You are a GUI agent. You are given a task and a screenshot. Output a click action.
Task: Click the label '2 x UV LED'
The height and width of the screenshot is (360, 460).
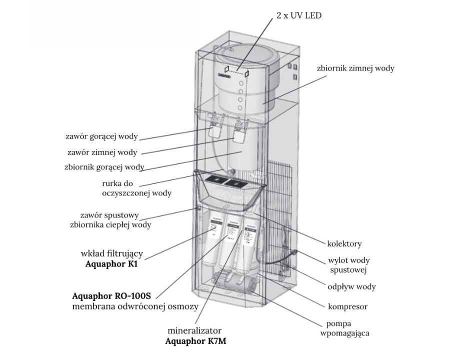coord(298,15)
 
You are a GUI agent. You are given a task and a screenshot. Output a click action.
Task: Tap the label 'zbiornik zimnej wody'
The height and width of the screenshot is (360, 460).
coord(355,68)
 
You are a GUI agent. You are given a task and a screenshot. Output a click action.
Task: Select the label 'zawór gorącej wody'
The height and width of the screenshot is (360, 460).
coord(101,136)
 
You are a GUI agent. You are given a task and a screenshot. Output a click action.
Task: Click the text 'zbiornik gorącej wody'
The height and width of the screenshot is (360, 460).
coord(104,167)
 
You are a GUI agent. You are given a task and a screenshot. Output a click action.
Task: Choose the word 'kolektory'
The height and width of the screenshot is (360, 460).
coord(344,244)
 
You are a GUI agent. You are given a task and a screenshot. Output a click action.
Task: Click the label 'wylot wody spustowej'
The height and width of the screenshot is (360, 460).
coord(348,265)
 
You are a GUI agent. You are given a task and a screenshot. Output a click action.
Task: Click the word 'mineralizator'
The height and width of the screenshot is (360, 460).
coord(194,331)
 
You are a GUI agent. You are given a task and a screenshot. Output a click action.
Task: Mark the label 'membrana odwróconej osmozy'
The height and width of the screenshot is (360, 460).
coord(135,306)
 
